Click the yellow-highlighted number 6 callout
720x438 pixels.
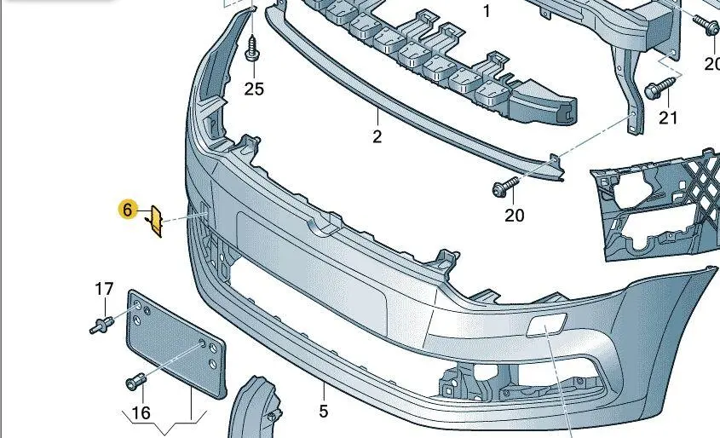(128, 210)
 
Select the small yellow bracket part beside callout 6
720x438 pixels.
(155, 221)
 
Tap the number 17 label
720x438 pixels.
(103, 290)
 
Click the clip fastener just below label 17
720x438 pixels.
(102, 324)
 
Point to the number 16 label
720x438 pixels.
(140, 413)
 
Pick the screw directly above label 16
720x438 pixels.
(135, 383)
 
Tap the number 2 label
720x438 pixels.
(377, 136)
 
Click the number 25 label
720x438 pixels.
(255, 89)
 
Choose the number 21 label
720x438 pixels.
(668, 118)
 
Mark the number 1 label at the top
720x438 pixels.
(487, 12)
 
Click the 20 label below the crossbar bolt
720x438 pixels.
(514, 215)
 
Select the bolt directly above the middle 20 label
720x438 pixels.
(502, 188)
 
